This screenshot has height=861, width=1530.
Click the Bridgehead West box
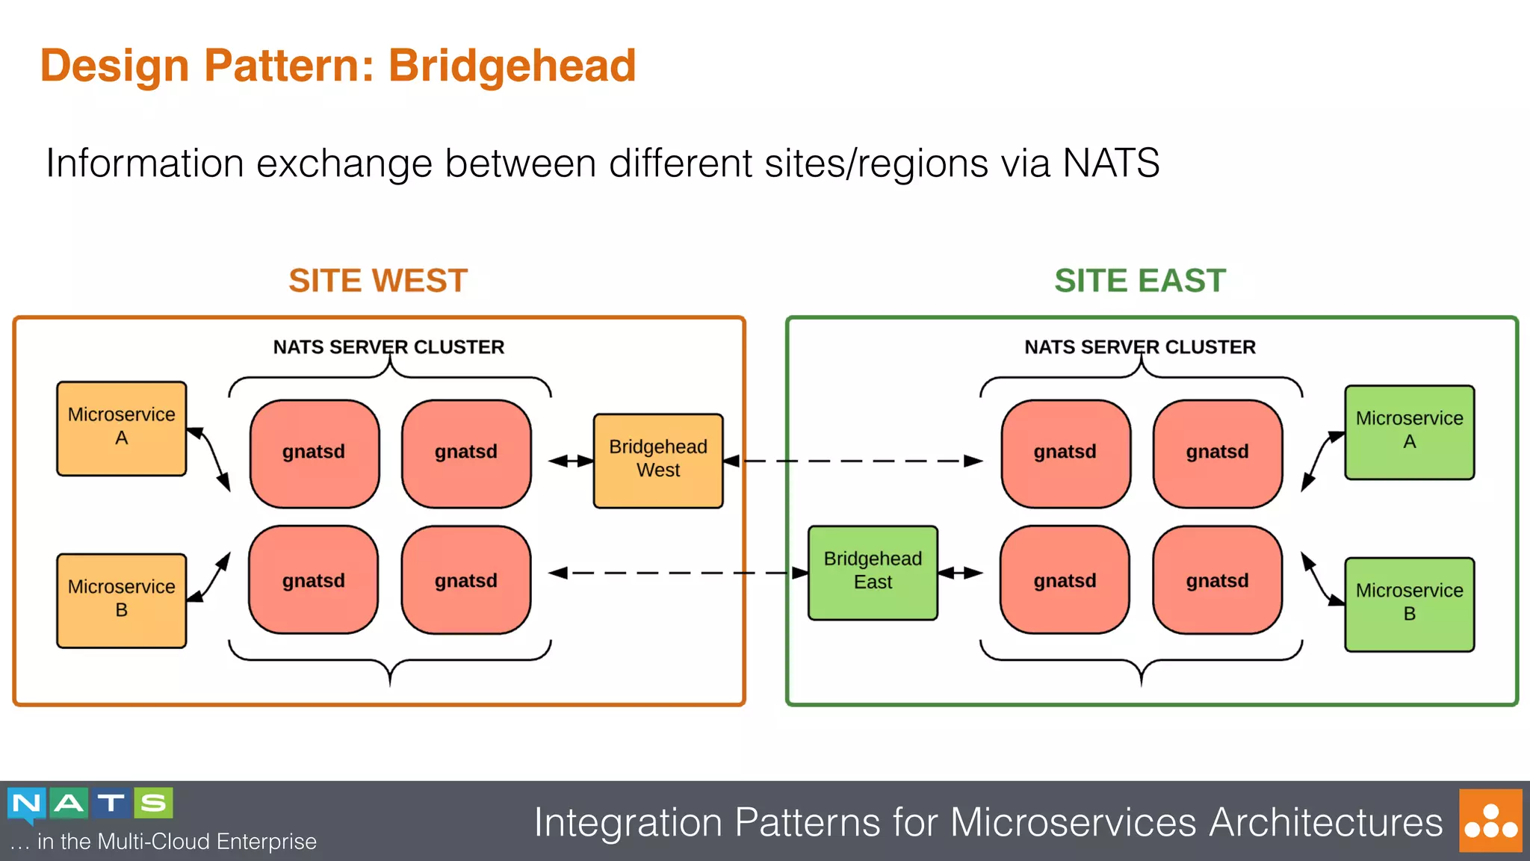657,461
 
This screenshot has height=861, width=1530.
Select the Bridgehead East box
873,573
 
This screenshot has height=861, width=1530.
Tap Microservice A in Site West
121,429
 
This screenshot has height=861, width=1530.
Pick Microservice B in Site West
121,600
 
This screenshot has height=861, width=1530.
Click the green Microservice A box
1409,432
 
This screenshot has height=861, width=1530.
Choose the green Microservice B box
1409,604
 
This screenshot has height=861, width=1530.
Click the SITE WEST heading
378,281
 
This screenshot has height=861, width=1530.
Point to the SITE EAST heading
1140,281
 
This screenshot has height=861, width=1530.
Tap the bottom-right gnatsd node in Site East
1217,580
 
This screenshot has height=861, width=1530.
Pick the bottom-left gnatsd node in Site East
1065,580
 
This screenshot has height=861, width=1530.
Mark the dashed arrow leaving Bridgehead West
859,461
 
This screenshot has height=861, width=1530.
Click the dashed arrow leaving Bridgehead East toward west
672,573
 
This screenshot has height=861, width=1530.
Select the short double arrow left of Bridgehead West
571,461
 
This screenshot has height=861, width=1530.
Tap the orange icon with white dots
1490,820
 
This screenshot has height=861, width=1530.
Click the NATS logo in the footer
90,804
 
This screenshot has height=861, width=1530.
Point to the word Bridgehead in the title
512,66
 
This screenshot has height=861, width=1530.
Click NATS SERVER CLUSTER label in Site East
1139,347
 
